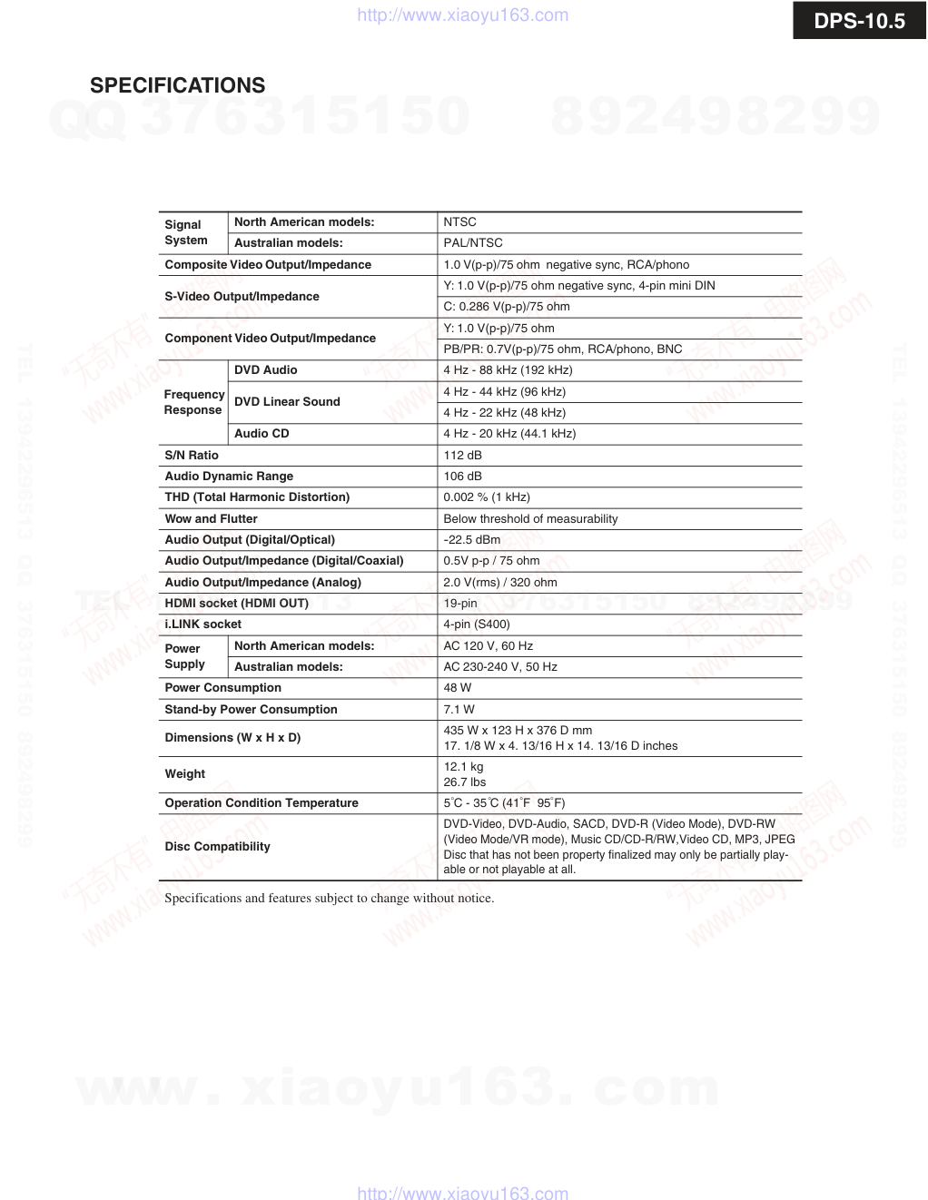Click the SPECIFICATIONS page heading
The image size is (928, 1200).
click(x=177, y=85)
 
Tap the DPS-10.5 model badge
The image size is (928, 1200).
click(x=859, y=21)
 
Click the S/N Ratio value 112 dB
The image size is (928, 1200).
click(x=462, y=455)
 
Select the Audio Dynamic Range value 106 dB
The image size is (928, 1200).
click(x=462, y=476)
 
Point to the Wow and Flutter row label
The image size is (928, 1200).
click(x=211, y=518)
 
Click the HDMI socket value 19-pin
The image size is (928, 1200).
click(x=460, y=603)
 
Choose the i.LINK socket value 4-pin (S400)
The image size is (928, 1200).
click(x=477, y=624)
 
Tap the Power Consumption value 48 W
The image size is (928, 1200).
click(x=458, y=687)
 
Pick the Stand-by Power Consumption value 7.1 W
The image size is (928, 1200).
click(x=459, y=709)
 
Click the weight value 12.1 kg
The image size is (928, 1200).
click(x=463, y=766)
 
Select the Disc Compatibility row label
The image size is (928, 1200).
click(x=217, y=846)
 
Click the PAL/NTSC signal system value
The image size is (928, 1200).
click(x=472, y=242)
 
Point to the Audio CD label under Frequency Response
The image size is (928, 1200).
click(x=262, y=433)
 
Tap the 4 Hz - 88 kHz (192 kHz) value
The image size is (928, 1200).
click(x=508, y=369)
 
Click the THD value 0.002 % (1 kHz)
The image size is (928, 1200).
click(x=487, y=497)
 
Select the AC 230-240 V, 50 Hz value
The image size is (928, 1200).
click(x=500, y=666)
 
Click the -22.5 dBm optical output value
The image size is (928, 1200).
click(x=471, y=539)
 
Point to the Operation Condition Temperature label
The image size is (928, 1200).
click(x=262, y=802)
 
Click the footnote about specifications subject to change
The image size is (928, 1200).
click(x=330, y=898)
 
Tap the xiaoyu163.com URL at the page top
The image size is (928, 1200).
click(x=463, y=15)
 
